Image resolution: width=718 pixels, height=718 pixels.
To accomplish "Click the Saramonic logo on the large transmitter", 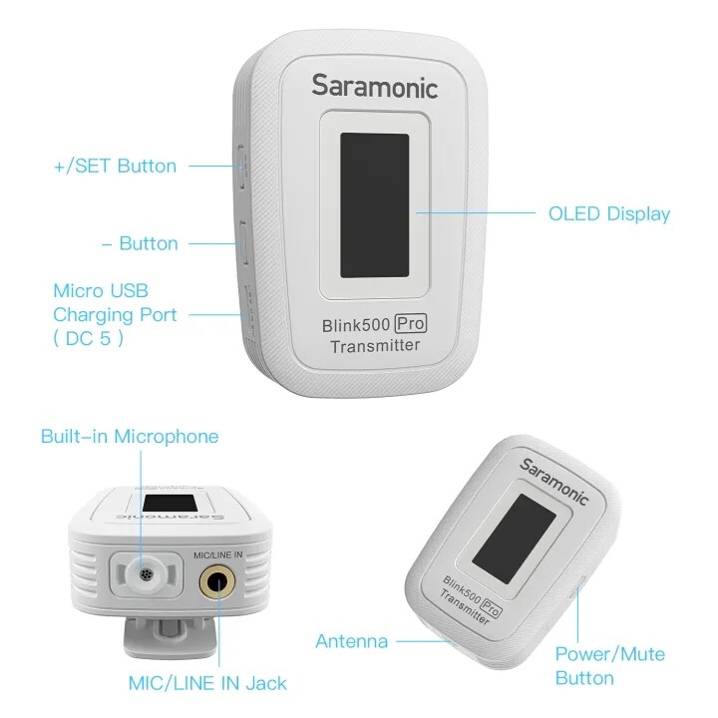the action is (x=375, y=86).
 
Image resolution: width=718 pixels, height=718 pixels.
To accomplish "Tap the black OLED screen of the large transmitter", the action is (x=375, y=205).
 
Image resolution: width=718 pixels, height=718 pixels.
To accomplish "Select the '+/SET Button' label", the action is (x=115, y=166).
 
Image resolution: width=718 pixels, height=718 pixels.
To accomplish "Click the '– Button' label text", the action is (x=140, y=243).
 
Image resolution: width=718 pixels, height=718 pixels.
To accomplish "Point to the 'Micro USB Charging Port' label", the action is (x=115, y=314).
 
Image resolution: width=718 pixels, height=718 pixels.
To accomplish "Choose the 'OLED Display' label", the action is (x=609, y=213).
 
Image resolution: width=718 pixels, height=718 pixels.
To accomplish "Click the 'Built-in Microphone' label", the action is (x=130, y=437).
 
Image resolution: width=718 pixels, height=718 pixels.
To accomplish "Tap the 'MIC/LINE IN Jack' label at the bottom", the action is (x=207, y=683).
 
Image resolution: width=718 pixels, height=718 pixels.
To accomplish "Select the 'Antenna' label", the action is (x=352, y=641).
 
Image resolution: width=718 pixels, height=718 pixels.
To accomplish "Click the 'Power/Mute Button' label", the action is (x=610, y=666).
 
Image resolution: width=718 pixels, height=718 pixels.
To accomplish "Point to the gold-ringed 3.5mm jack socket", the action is (x=217, y=583).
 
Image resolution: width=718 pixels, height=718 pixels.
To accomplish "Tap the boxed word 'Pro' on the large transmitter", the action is (x=411, y=324).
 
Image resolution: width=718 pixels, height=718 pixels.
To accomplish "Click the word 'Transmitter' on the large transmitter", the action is (x=375, y=346).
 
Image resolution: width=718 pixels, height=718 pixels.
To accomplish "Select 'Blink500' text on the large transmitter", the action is (x=357, y=325).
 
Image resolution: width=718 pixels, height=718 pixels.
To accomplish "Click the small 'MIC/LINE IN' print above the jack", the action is (x=218, y=555).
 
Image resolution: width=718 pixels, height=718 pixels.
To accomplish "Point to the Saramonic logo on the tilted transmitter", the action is (x=553, y=482).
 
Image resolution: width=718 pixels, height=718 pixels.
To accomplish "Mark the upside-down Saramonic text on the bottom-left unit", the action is (x=172, y=517).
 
